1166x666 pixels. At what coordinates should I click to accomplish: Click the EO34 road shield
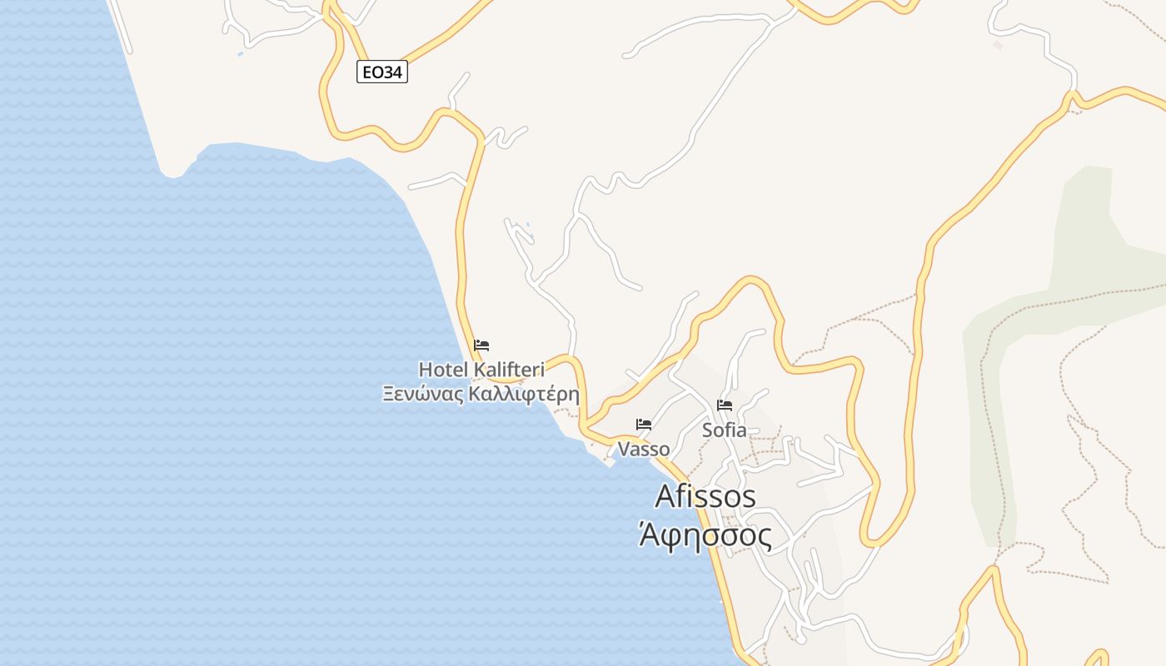[382, 72]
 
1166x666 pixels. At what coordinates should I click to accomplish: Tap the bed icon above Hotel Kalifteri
[481, 345]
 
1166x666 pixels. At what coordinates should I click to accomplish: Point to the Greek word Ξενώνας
[423, 394]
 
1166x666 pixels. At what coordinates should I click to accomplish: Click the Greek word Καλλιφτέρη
[524, 394]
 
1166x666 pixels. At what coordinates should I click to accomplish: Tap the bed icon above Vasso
[644, 424]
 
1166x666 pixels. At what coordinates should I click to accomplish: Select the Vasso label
[644, 449]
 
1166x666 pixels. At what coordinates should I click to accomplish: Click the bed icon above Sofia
[725, 405]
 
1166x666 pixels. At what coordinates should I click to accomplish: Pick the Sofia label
[725, 430]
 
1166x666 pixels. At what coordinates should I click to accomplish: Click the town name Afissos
[705, 496]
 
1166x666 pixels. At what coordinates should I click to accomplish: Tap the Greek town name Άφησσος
[705, 534]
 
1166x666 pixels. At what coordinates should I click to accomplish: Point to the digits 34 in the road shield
[394, 72]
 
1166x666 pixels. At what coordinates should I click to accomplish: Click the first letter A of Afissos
[665, 496]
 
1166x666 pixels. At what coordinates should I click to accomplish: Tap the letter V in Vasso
[623, 449]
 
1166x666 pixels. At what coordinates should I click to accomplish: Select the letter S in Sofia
[707, 430]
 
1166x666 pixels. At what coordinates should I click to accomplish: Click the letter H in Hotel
[425, 369]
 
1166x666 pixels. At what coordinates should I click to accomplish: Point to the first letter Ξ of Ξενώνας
[388, 394]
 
